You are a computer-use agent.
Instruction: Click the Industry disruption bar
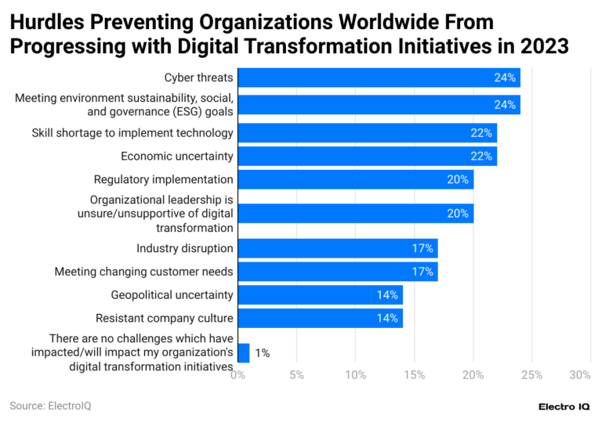tap(337, 248)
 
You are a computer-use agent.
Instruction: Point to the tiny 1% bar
tap(243, 353)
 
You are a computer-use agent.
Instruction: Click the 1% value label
tap(262, 353)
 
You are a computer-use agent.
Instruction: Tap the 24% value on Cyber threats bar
tap(504, 78)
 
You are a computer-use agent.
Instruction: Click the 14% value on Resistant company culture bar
tap(387, 319)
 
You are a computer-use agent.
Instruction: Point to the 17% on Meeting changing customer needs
tap(422, 272)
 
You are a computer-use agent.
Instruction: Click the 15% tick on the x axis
tap(414, 376)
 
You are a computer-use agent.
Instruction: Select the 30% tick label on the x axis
tap(579, 376)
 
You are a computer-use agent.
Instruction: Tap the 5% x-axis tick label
tap(296, 376)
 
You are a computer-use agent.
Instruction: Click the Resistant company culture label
tap(164, 319)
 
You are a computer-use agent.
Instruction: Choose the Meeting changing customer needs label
tap(143, 272)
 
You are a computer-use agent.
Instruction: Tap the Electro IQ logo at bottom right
tap(564, 406)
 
